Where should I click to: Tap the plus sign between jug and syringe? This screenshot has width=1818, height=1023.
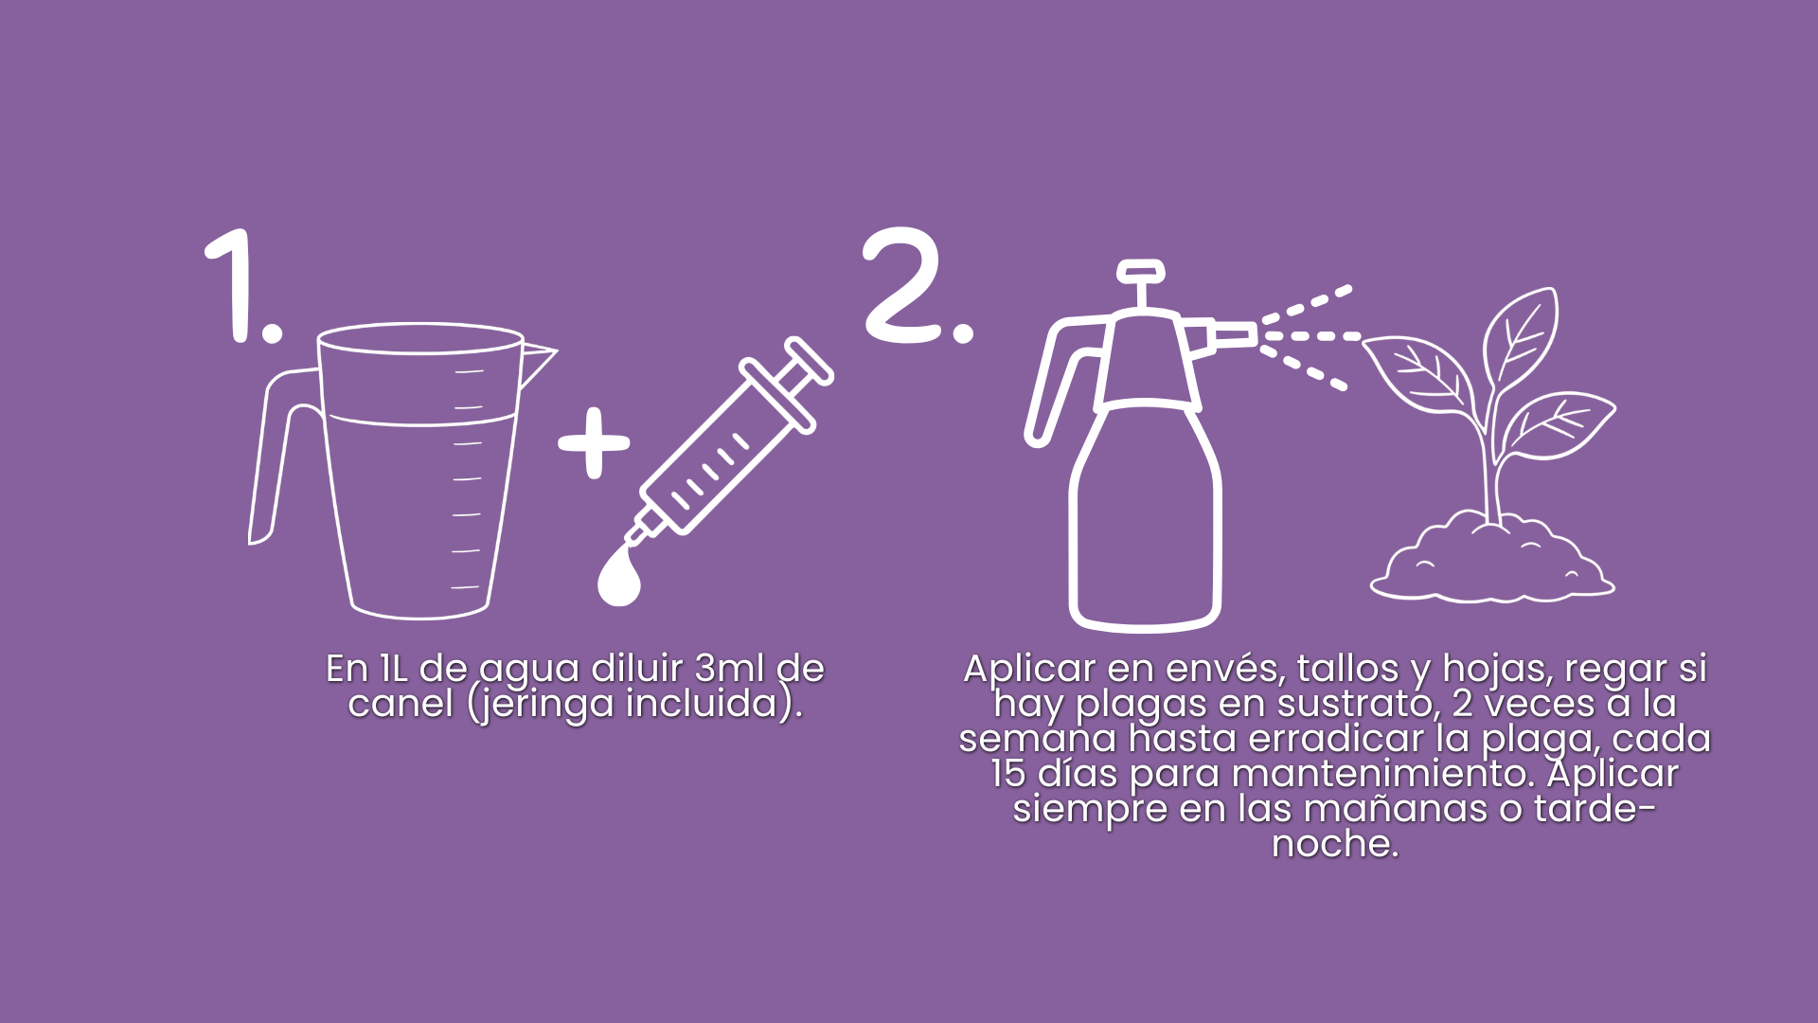594,442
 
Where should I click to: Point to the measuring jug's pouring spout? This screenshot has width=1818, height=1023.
536,365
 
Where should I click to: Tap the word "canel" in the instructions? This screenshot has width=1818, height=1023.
401,704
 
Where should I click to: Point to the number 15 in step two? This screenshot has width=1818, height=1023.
1008,774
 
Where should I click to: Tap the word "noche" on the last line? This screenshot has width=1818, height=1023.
1329,843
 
